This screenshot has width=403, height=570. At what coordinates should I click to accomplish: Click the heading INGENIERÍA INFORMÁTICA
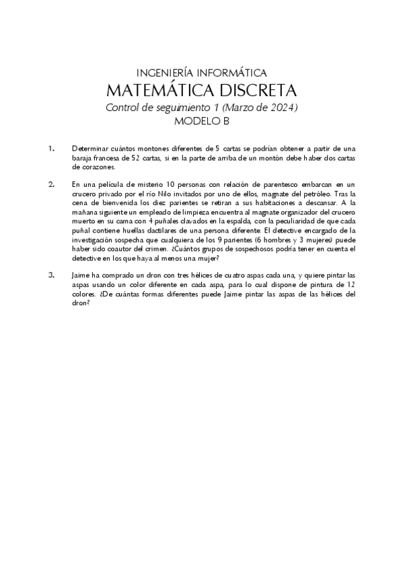pyautogui.click(x=201, y=73)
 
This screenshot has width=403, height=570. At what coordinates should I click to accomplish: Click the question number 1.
pyautogui.click(x=50, y=148)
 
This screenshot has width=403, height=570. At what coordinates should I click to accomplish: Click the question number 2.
pyautogui.click(x=50, y=184)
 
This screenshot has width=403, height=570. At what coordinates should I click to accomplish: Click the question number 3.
pyautogui.click(x=50, y=275)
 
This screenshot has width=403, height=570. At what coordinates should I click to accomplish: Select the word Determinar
pyautogui.click(x=91, y=148)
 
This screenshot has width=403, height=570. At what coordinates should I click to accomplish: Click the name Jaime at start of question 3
pyautogui.click(x=82, y=275)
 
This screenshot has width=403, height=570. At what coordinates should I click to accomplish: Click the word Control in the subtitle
pyautogui.click(x=122, y=108)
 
